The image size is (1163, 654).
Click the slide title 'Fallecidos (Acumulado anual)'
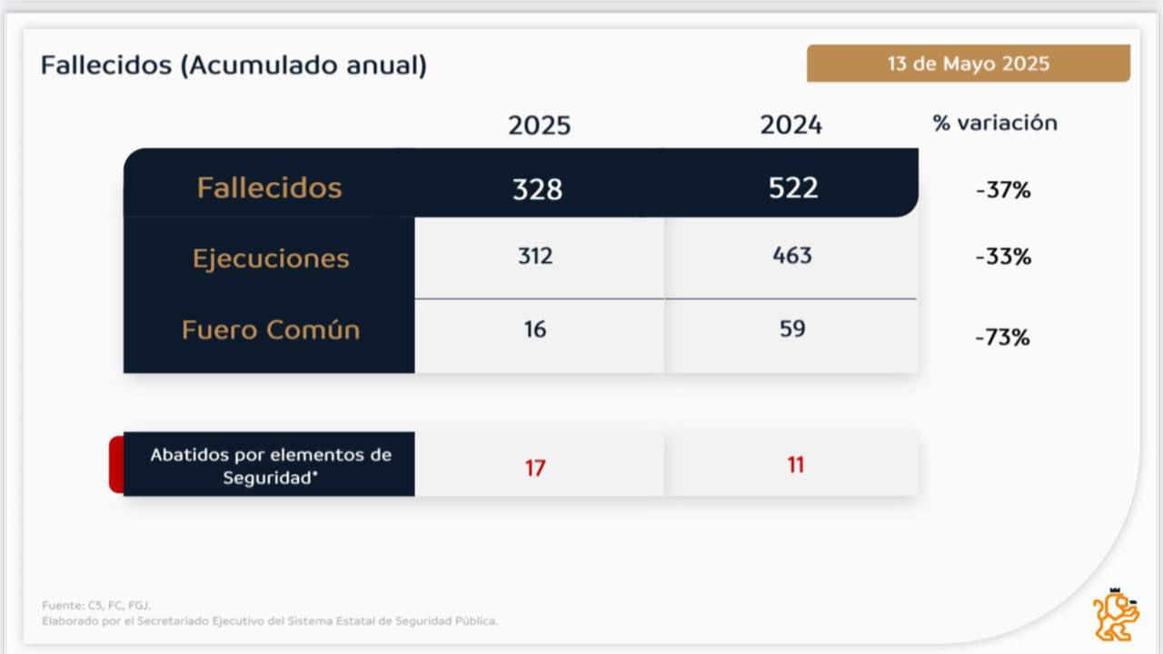tap(234, 65)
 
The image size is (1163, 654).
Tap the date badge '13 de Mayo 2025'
tap(969, 64)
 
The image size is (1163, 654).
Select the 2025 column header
tap(539, 125)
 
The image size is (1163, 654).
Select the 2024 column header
tap(790, 125)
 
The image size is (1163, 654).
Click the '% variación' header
tap(995, 123)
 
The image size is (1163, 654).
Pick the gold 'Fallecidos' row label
tap(269, 187)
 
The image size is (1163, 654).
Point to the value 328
tap(537, 188)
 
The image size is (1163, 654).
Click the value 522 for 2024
tap(792, 187)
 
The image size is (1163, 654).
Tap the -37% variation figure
tap(1003, 191)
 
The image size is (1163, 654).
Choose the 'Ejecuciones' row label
tap(271, 258)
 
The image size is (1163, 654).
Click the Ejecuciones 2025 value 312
tap(535, 257)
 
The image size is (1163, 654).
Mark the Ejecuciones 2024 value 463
tap(791, 256)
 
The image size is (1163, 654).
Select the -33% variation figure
tap(1003, 257)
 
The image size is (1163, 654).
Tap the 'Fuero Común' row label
tap(271, 329)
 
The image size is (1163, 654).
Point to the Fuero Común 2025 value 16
tap(535, 329)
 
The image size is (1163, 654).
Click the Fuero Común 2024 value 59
tap(792, 328)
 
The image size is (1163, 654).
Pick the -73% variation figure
tap(1003, 337)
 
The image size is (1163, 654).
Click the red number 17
tap(535, 468)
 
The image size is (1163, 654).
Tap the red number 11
tap(796, 465)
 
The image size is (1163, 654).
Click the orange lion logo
tap(1116, 614)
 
